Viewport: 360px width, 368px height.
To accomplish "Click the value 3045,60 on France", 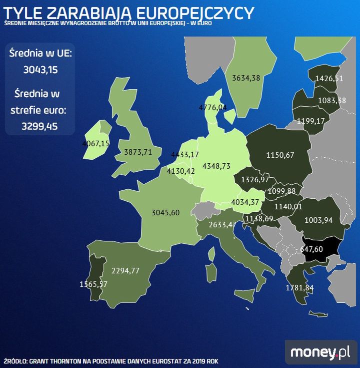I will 165,213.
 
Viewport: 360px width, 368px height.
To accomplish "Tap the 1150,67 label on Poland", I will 280,155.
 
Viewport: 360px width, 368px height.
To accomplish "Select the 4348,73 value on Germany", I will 216,166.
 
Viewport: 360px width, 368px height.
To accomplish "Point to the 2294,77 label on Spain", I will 125,271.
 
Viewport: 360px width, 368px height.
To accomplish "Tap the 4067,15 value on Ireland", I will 95,144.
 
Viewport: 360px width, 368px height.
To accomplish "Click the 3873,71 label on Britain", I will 137,152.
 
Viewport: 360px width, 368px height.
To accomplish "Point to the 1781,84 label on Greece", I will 299,288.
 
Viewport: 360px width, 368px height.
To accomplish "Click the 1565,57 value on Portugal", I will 94,284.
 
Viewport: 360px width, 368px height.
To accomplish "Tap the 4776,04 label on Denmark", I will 212,107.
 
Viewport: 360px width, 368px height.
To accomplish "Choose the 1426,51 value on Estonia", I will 329,78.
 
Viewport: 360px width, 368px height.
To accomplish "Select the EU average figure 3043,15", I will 40,70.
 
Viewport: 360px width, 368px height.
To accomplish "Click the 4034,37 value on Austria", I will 246,202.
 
